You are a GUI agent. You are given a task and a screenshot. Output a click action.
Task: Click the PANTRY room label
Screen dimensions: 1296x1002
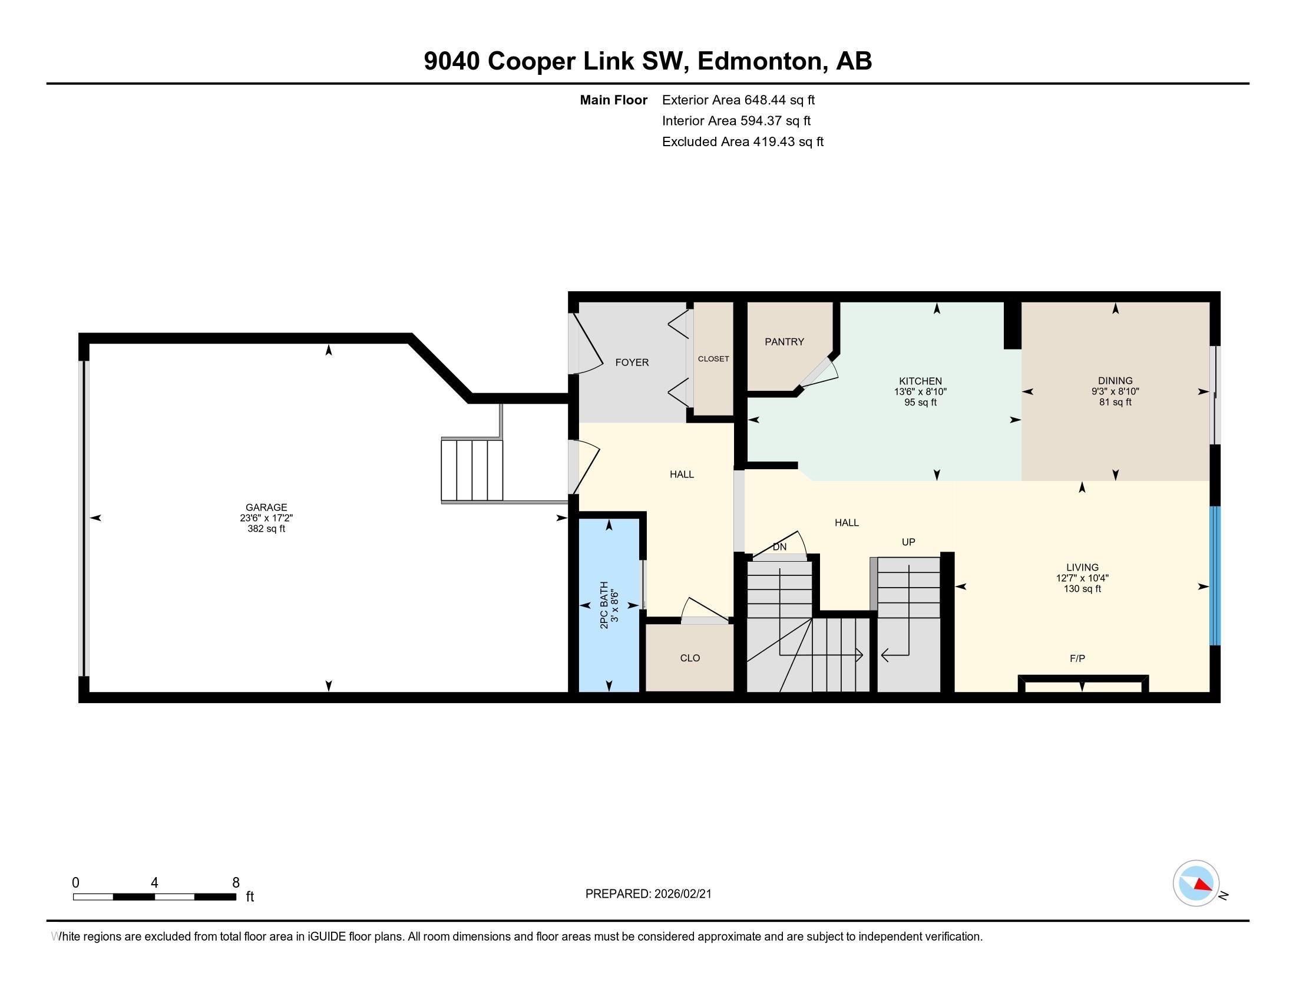[784, 342]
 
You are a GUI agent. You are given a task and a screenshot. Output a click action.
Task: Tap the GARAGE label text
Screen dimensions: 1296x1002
[266, 507]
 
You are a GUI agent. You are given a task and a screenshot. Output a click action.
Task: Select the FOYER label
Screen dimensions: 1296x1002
[632, 362]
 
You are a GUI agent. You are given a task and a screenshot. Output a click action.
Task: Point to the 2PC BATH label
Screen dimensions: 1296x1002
[604, 605]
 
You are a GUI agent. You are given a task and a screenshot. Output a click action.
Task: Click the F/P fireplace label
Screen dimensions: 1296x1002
[1077, 658]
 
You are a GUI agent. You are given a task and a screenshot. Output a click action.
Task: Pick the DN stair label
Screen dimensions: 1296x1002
[780, 547]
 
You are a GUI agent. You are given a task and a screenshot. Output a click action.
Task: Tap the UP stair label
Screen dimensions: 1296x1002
[908, 542]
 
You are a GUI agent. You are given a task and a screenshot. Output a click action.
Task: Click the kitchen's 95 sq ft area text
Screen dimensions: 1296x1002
[920, 403]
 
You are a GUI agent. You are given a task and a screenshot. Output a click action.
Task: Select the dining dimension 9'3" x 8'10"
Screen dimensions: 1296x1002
[1115, 392]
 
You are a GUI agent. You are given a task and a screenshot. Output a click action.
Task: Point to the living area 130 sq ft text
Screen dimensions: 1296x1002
[1082, 589]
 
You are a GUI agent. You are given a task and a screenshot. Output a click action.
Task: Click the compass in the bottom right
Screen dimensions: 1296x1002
[1196, 884]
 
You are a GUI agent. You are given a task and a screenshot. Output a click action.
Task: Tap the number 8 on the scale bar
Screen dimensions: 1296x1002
[236, 883]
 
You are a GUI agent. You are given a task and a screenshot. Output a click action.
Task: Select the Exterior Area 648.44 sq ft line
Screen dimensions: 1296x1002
[738, 100]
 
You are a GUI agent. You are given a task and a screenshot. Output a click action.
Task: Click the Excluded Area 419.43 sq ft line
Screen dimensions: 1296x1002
[743, 142]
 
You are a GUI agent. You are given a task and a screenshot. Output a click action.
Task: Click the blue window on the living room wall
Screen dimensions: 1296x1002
[1215, 575]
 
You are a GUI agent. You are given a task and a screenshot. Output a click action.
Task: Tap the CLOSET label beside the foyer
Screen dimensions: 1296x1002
[713, 359]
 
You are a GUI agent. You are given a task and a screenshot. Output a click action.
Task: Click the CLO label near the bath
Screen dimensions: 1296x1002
[690, 658]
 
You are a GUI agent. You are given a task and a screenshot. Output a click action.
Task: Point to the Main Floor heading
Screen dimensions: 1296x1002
[614, 100]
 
